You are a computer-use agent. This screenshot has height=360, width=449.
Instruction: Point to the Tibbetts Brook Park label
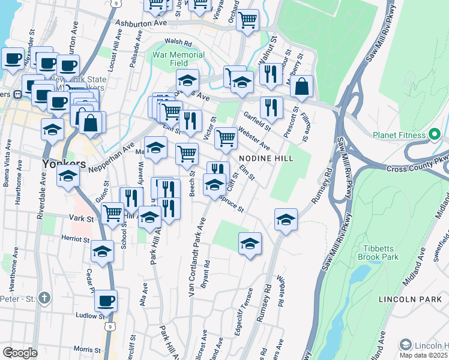(389, 253)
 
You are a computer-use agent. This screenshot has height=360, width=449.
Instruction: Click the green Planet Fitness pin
(432, 135)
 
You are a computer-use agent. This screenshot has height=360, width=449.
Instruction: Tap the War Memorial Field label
(179, 59)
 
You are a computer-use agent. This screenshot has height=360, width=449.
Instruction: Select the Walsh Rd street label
(178, 43)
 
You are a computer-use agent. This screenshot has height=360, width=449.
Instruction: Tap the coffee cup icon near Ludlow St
(106, 301)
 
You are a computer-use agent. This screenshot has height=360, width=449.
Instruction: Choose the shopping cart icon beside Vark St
(112, 212)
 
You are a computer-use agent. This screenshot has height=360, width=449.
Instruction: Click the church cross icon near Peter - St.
(44, 298)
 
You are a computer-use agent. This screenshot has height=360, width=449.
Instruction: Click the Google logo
(20, 353)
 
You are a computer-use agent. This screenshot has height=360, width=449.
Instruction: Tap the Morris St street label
(86, 349)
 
